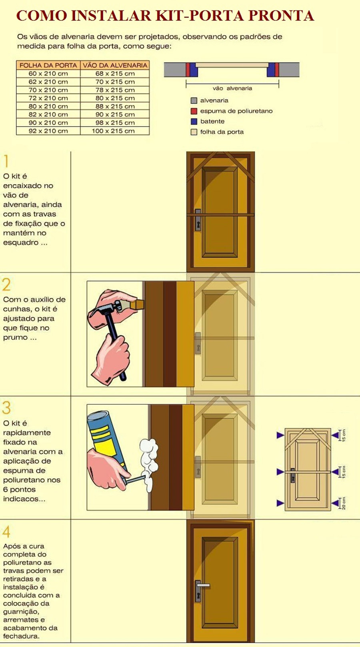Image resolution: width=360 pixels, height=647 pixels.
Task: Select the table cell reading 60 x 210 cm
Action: coord(48,74)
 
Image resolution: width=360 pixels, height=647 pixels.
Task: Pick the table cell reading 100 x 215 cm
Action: coord(115,131)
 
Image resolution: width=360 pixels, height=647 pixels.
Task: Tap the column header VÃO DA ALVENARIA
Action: coord(115,65)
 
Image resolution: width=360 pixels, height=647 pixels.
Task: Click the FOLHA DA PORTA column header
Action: coord(48,65)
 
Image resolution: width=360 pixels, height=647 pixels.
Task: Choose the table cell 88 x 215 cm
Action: coord(115,106)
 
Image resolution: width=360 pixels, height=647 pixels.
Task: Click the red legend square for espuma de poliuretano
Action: coord(194,111)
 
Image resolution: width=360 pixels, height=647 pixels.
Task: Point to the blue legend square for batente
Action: coord(194,121)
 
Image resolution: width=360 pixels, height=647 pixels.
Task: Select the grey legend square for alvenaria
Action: coord(194,100)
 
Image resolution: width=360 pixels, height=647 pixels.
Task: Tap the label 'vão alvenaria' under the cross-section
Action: coord(232,88)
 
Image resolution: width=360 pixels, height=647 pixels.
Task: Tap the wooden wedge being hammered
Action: coord(137,305)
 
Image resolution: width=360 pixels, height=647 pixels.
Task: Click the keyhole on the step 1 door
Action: coord(198,224)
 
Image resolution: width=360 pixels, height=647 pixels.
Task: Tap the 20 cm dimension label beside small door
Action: coord(344,503)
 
